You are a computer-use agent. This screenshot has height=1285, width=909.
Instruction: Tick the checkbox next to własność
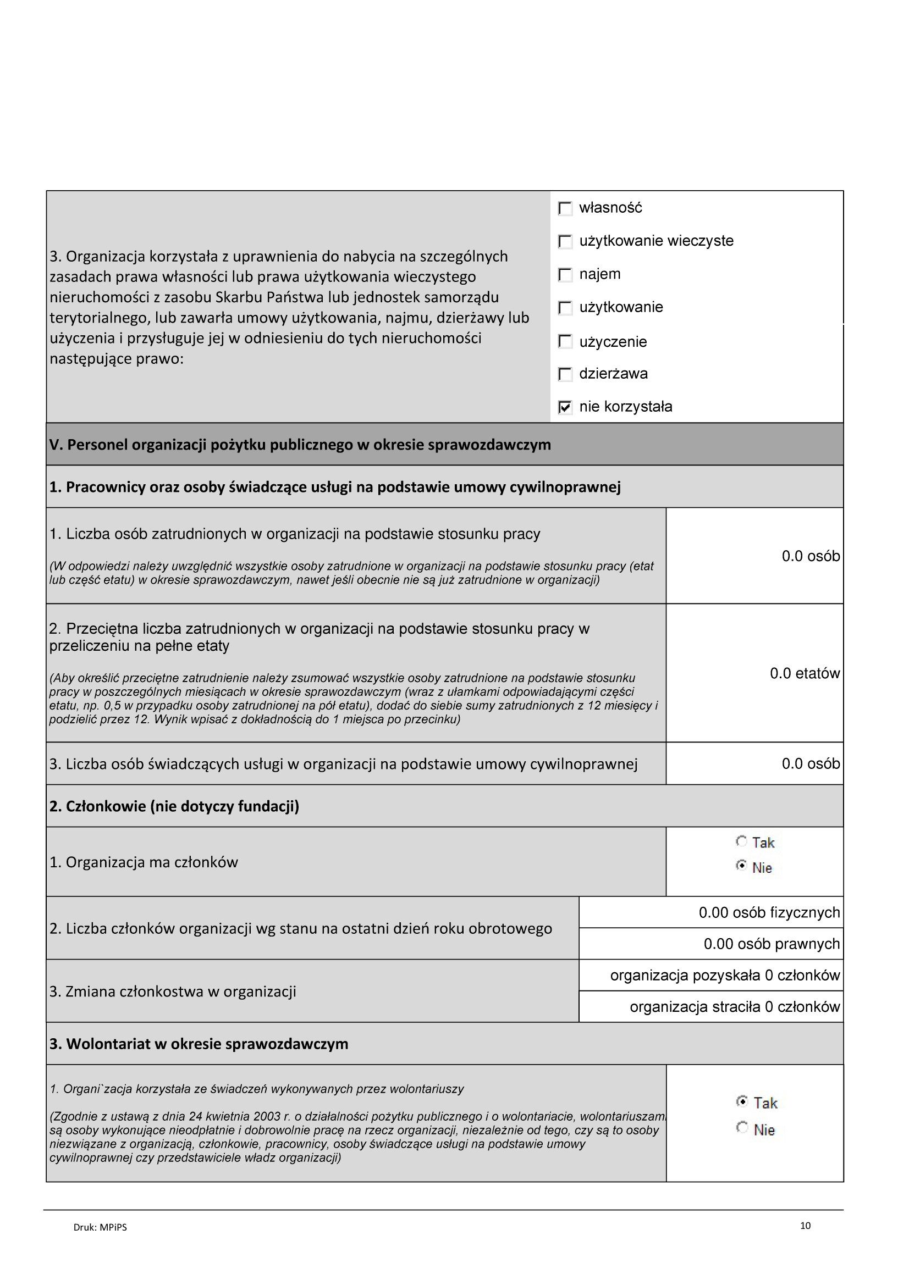(566, 208)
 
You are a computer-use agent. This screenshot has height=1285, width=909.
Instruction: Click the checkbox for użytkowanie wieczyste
(566, 241)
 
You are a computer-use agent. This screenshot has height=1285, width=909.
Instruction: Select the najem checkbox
(566, 274)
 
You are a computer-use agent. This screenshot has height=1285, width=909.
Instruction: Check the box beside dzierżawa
(566, 374)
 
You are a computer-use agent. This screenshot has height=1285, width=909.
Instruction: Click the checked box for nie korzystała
(566, 407)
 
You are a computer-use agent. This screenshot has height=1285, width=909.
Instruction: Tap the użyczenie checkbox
(566, 341)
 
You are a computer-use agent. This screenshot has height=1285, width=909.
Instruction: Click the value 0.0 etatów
(805, 673)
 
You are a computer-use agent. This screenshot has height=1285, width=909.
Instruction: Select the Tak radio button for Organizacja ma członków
(741, 841)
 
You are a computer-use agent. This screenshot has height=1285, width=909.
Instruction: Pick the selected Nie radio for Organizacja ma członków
(741, 866)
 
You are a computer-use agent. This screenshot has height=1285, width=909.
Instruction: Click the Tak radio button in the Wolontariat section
(742, 1101)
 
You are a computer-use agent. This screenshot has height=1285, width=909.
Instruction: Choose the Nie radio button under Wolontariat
(742, 1127)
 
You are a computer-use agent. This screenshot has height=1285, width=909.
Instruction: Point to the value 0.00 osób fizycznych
(769, 913)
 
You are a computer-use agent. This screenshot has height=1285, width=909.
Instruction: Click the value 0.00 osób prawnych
(771, 944)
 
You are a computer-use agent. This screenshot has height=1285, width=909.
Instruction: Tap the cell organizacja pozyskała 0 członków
(725, 976)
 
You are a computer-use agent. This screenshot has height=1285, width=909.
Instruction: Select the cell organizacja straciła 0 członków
(734, 1007)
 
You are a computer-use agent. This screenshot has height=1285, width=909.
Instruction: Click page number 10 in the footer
(806, 1226)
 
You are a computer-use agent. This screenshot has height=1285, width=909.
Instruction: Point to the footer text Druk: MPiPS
(100, 1227)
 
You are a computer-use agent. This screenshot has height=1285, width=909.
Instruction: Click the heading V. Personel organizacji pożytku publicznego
(300, 445)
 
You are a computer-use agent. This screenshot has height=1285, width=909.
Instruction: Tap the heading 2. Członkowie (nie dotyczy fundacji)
(174, 806)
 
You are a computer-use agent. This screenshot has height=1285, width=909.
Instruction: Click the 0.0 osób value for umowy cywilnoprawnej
(811, 764)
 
